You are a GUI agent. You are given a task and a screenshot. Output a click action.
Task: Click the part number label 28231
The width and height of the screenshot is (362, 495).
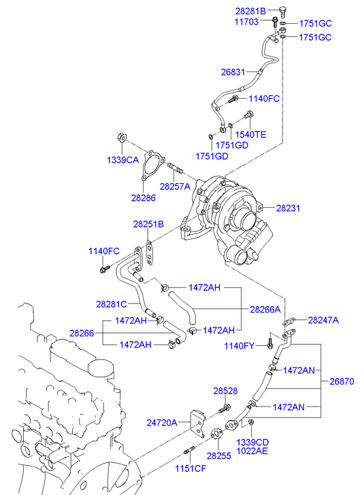point(288,208)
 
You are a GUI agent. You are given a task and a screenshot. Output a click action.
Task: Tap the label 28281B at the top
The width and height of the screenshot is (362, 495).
point(250,12)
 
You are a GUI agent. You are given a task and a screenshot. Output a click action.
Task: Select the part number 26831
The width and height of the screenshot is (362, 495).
point(233,72)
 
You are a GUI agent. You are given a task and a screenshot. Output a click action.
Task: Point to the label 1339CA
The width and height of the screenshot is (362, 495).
point(122,160)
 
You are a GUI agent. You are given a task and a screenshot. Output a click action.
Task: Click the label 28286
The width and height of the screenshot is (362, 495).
point(144,197)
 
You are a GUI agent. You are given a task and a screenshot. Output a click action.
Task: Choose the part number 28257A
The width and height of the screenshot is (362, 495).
point(175,187)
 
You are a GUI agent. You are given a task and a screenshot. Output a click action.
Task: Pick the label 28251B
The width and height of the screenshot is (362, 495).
point(148,224)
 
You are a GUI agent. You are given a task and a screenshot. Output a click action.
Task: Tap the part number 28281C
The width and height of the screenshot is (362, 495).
point(112,304)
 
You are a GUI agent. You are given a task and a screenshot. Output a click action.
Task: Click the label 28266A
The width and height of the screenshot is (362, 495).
point(265,309)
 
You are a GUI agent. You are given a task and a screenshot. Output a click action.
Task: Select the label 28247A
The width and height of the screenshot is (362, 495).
point(323,320)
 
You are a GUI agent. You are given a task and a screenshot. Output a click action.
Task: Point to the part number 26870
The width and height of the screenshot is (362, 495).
point(342,381)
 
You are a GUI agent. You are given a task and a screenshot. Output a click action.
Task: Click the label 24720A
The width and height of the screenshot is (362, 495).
point(162,423)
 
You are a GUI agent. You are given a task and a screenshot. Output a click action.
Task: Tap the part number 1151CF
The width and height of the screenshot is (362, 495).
point(191,468)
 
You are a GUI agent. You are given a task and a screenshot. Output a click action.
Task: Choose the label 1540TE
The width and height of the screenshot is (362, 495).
point(250,135)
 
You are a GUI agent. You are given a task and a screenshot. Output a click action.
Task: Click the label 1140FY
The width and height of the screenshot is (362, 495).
point(239,346)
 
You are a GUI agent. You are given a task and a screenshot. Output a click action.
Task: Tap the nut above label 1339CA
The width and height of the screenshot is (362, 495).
point(122,138)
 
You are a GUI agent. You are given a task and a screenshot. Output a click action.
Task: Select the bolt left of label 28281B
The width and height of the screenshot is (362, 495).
point(275,22)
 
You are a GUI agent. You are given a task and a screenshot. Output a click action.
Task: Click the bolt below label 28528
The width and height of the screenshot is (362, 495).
point(225,409)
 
